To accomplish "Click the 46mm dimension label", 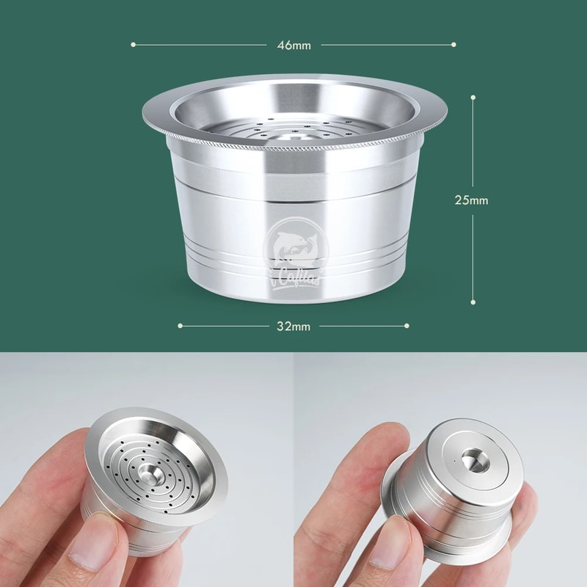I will tap(293, 45).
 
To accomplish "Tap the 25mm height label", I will tap(471, 200).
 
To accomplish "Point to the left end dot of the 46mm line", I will tap(134, 44).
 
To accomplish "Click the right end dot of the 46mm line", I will tap(455, 44).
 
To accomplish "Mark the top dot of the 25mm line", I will tap(473, 96).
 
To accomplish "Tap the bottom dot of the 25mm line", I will tap(473, 302).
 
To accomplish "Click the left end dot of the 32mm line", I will tap(180, 325).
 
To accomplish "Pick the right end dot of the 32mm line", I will tap(408, 325).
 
